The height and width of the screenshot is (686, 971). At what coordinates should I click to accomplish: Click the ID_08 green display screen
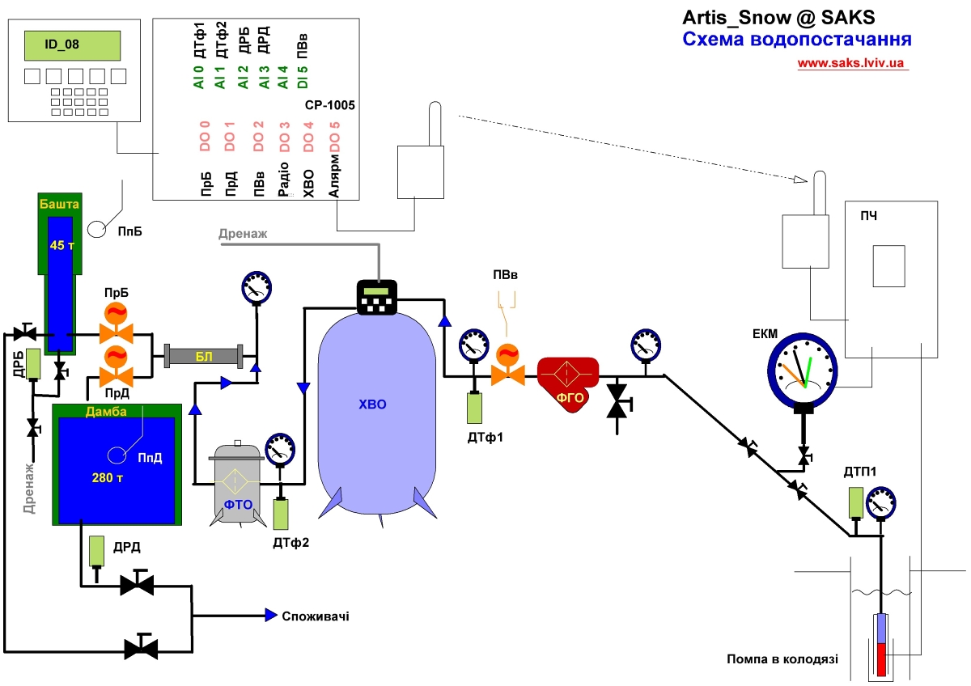coord(74,44)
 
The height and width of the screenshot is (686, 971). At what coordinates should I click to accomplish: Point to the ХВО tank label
coord(373,404)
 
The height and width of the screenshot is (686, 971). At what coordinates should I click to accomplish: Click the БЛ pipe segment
coord(203,356)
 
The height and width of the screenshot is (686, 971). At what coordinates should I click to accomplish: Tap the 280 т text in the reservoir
coord(108,477)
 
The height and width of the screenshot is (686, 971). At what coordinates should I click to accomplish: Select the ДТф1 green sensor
coord(474,407)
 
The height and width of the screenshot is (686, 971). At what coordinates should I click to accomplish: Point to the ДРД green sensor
coord(96,552)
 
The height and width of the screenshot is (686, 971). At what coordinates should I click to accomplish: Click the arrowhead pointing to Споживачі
coord(273,616)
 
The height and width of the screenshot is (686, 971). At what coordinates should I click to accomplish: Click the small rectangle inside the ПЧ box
coord(888,265)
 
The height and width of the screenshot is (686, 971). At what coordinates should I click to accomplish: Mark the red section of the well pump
coord(881,659)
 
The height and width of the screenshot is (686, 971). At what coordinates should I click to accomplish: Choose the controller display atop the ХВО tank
coord(378,297)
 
